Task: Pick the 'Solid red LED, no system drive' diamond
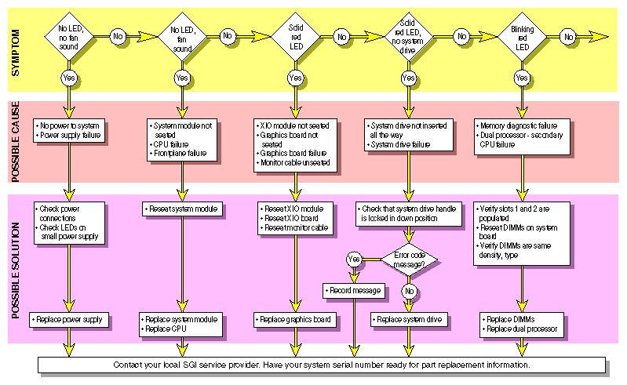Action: (x=408, y=36)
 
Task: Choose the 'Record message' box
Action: (x=353, y=290)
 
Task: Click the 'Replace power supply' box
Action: (x=71, y=319)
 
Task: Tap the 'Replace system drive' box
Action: (x=408, y=319)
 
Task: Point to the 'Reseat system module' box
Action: (x=183, y=209)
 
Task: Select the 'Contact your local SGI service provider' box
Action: (x=322, y=365)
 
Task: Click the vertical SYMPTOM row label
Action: (x=15, y=50)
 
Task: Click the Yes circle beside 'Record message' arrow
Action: (x=353, y=258)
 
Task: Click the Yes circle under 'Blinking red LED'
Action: (x=520, y=78)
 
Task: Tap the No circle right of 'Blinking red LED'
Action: (x=568, y=36)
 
